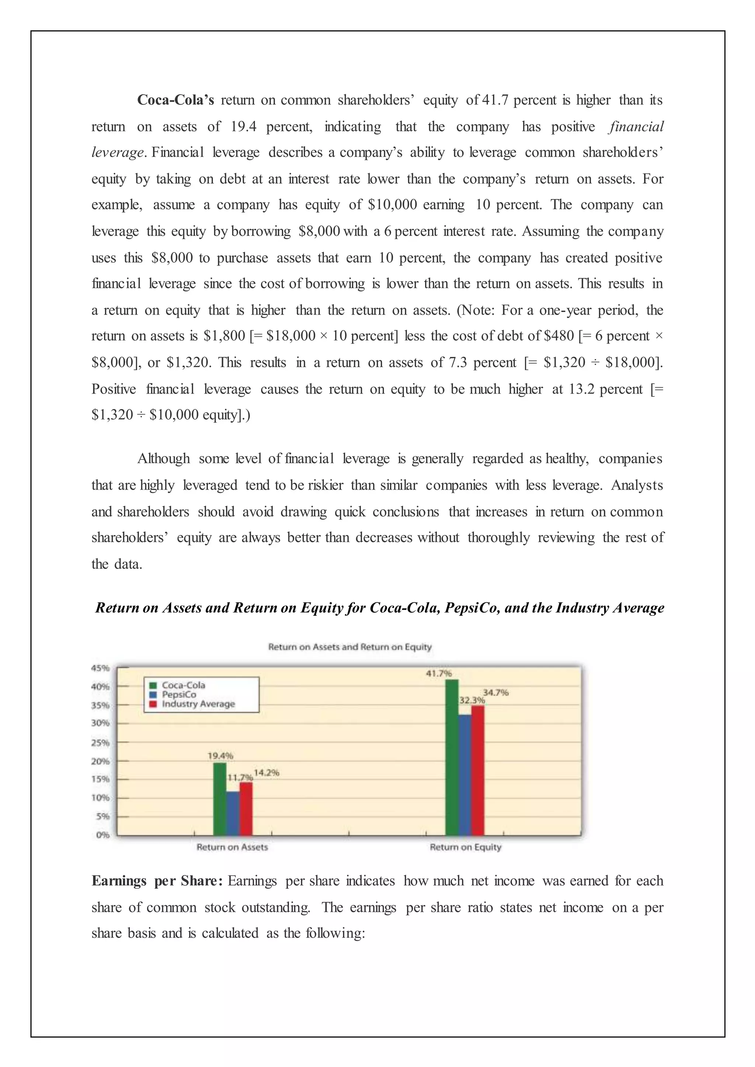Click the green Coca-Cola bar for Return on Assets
pyautogui.click(x=219, y=799)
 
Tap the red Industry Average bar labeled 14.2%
pyautogui.click(x=246, y=809)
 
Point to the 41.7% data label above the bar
pyautogui.click(x=438, y=674)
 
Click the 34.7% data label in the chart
pyautogui.click(x=495, y=692)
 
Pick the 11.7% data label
pyautogui.click(x=240, y=777)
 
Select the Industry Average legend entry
pyautogui.click(x=198, y=704)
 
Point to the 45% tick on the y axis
pyautogui.click(x=100, y=668)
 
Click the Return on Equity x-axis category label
pyautogui.click(x=465, y=847)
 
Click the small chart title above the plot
pyautogui.click(x=349, y=647)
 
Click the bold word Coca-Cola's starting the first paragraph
pyautogui.click(x=175, y=100)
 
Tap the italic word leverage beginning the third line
pyautogui.click(x=117, y=153)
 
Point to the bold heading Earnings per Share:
pyautogui.click(x=157, y=881)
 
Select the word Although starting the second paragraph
pyautogui.click(x=163, y=459)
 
